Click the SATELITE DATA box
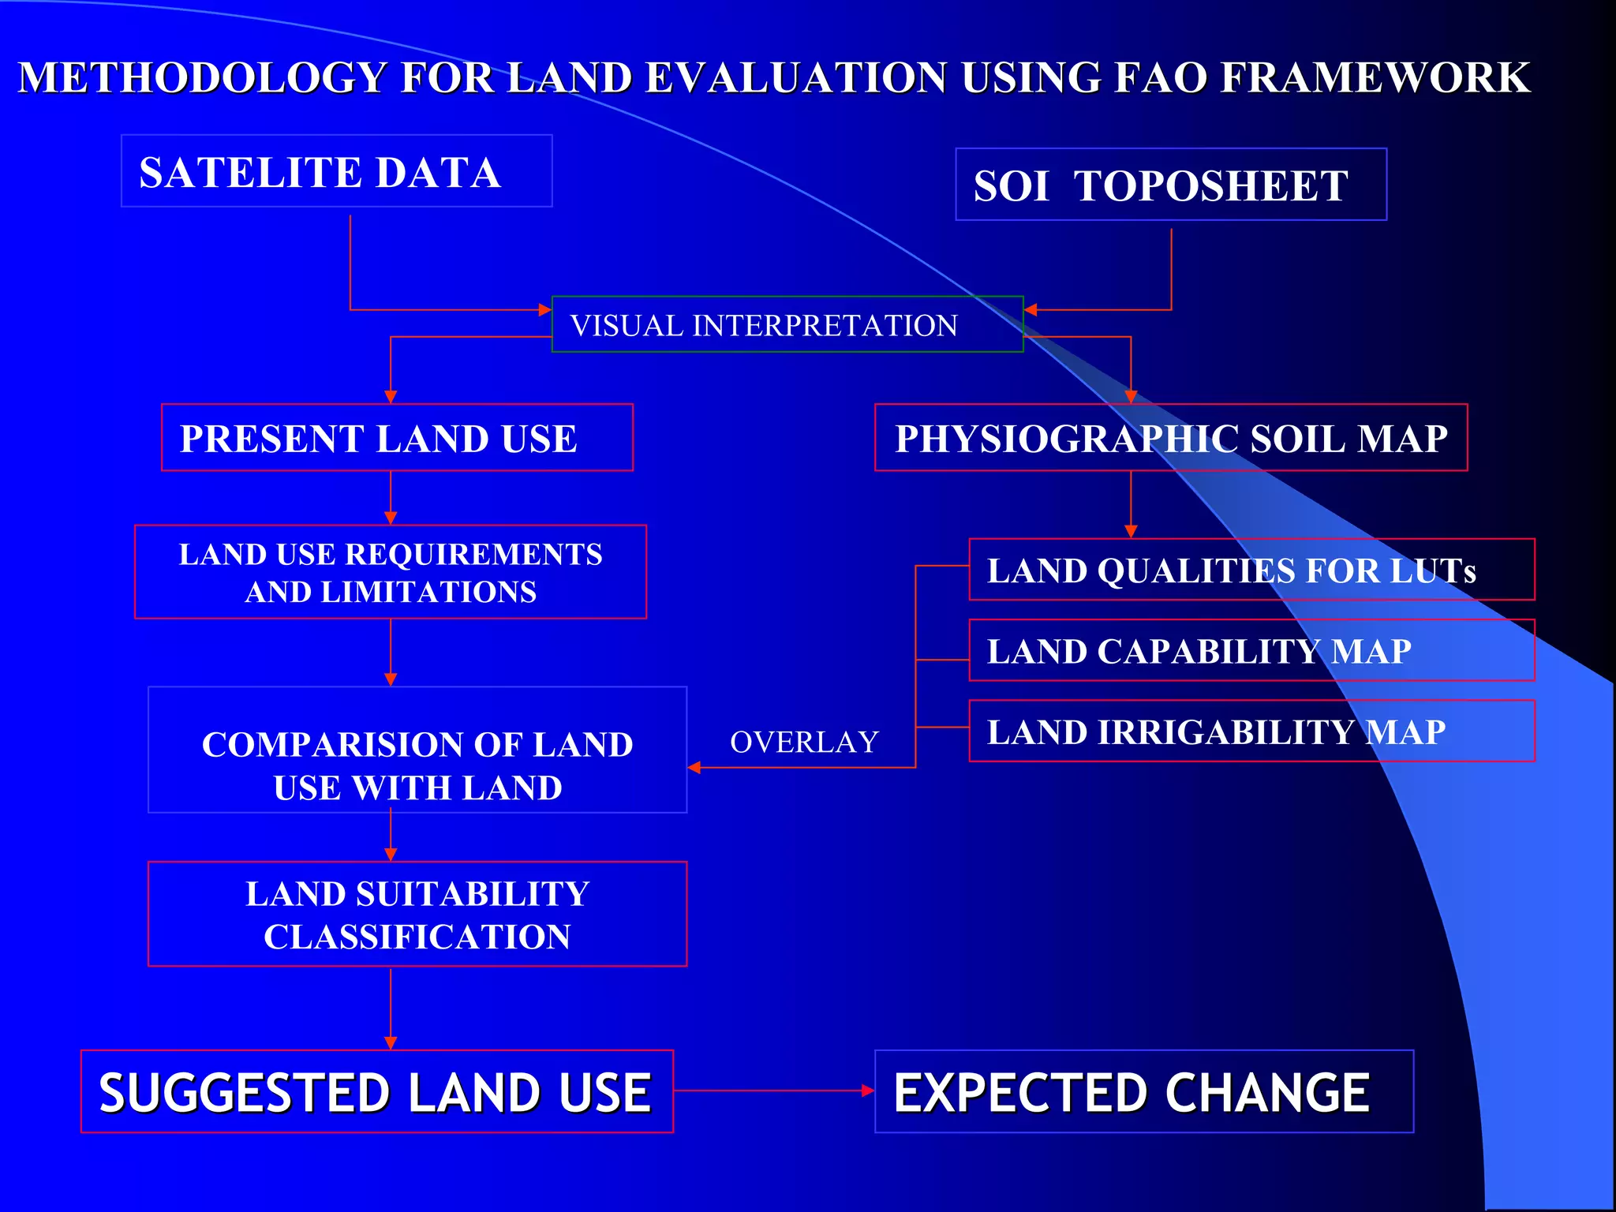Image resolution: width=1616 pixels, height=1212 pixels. pos(336,171)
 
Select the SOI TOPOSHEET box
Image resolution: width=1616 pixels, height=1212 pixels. pos(1170,185)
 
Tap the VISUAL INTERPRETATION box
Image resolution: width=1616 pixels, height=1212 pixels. pos(787,324)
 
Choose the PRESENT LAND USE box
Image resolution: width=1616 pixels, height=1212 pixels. pos(397,438)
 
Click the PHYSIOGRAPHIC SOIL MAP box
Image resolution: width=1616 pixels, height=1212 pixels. pos(1170,438)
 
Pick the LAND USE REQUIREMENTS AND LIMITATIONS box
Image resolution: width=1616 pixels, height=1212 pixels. pos(391,572)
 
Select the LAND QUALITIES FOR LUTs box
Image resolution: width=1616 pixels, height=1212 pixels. pos(1251,570)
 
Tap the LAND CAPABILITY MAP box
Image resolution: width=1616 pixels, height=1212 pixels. pos(1251,651)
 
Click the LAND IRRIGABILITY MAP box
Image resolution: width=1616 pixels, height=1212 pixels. pos(1251,731)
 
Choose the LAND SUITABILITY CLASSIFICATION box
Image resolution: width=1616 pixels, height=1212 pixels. pos(417,914)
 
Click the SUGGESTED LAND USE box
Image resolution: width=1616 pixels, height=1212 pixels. pos(376,1091)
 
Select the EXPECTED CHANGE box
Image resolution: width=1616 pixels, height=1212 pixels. pos(1143,1091)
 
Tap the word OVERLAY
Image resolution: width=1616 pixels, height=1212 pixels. pos(804,742)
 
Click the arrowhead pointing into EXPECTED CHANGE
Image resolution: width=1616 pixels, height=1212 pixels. pos(868,1090)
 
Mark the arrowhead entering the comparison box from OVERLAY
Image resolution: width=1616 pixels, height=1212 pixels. pos(694,767)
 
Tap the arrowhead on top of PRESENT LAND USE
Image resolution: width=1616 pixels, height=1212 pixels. pos(391,397)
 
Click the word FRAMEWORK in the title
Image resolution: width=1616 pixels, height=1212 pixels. pos(1375,77)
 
